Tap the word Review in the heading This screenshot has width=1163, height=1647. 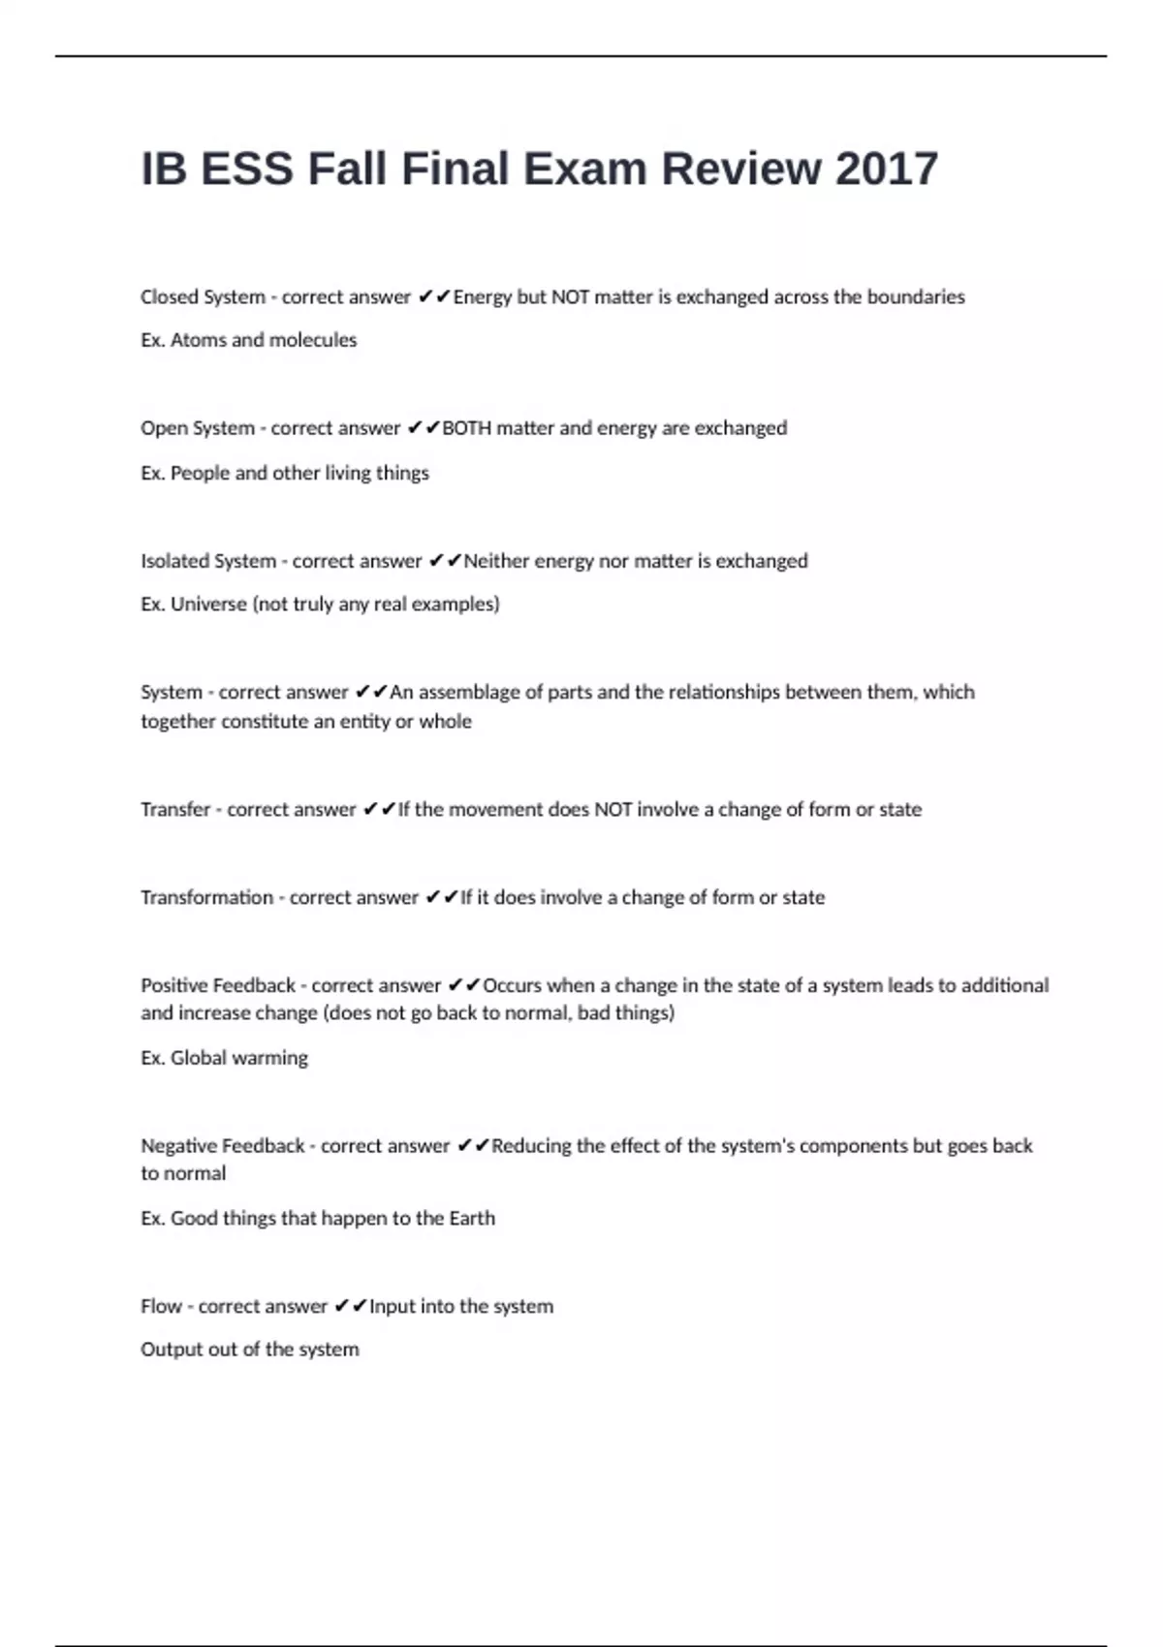741,169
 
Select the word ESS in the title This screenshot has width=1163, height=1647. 246,169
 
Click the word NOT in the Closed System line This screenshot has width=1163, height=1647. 571,297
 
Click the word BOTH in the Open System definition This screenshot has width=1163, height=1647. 466,428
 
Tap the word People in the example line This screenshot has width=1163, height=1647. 200,473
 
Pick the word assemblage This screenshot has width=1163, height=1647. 468,693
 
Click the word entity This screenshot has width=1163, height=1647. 362,722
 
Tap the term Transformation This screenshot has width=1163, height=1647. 206,897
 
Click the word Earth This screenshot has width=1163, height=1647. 471,1218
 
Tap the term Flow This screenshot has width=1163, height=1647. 161,1306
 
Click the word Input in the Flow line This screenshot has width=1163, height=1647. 392,1306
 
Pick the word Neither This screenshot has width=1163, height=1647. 496,561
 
